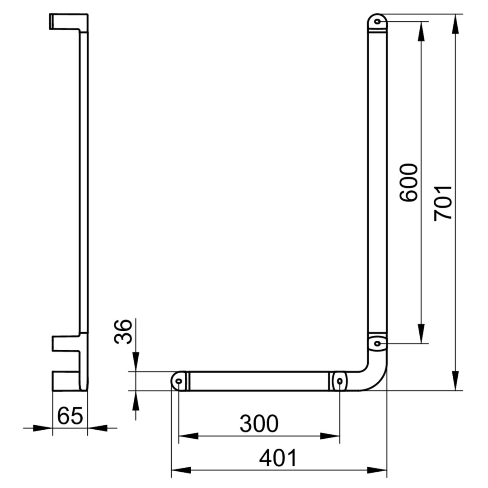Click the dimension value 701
[x=443, y=203]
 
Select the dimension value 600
[x=408, y=183]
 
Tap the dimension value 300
[x=259, y=423]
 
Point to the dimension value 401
[x=278, y=458]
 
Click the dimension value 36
[x=123, y=332]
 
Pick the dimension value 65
[x=70, y=416]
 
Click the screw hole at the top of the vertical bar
[x=377, y=22]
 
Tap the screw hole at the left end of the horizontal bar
[x=179, y=381]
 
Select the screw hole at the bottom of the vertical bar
[x=377, y=343]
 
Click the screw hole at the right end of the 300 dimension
[x=340, y=381]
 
